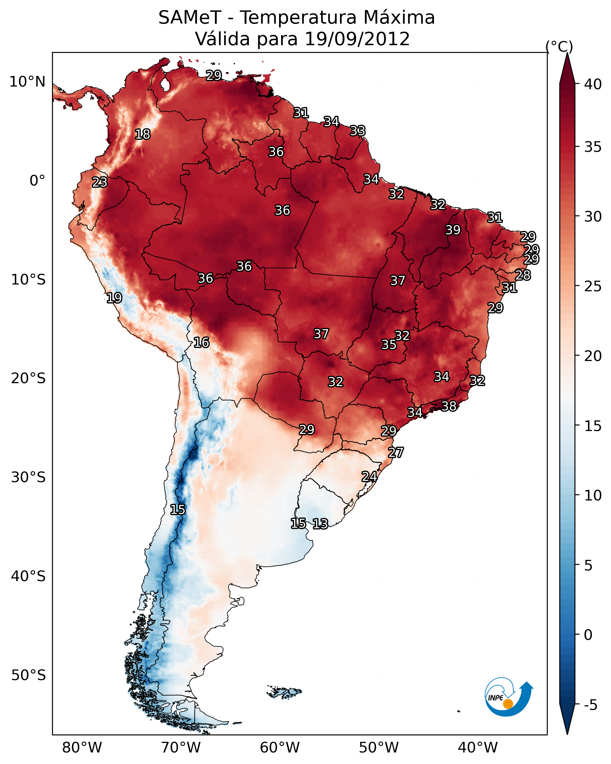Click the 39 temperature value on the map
(453, 230)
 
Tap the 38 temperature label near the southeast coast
(449, 406)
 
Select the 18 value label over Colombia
(142, 134)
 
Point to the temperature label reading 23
(100, 182)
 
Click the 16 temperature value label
(201, 342)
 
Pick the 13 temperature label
(320, 524)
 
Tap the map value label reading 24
(369, 477)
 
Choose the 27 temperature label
(396, 453)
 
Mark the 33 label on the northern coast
(357, 131)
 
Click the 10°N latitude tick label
(27, 82)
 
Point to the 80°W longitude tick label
(82, 747)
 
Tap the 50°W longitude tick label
(379, 747)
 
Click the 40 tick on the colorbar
(593, 84)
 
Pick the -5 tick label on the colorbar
(590, 705)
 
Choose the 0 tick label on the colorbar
(588, 635)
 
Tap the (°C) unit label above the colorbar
(559, 46)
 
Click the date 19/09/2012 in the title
(357, 39)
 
